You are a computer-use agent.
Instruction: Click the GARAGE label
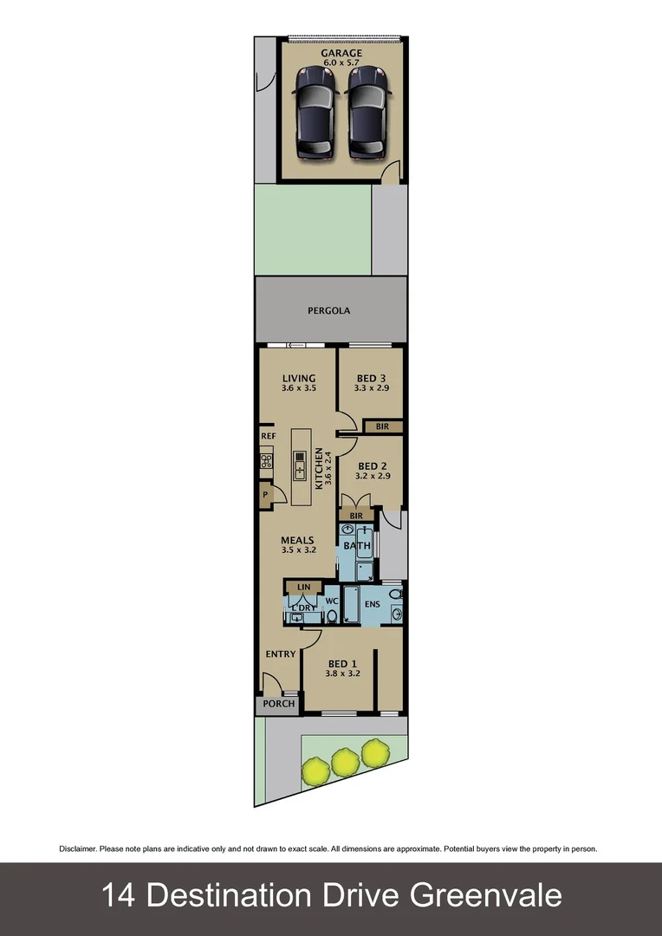point(341,53)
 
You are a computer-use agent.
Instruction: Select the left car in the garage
point(315,113)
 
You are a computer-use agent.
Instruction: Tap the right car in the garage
point(367,113)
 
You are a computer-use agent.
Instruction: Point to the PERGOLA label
point(329,310)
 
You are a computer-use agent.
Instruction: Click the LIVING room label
point(299,379)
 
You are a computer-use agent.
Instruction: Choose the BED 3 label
point(371,379)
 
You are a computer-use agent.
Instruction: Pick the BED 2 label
point(371,465)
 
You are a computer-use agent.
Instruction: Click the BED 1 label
point(342,665)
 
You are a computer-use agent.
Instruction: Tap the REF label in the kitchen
point(268,436)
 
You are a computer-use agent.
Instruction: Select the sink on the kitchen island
point(299,465)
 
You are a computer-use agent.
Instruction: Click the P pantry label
point(265,495)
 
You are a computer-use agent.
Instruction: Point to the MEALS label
point(297,541)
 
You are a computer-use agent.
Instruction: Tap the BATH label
point(357,546)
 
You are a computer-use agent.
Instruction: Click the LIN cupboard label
point(303,587)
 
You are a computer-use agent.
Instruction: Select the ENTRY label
point(281,654)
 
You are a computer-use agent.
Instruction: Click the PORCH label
point(279,704)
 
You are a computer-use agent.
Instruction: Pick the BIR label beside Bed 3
point(382,426)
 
